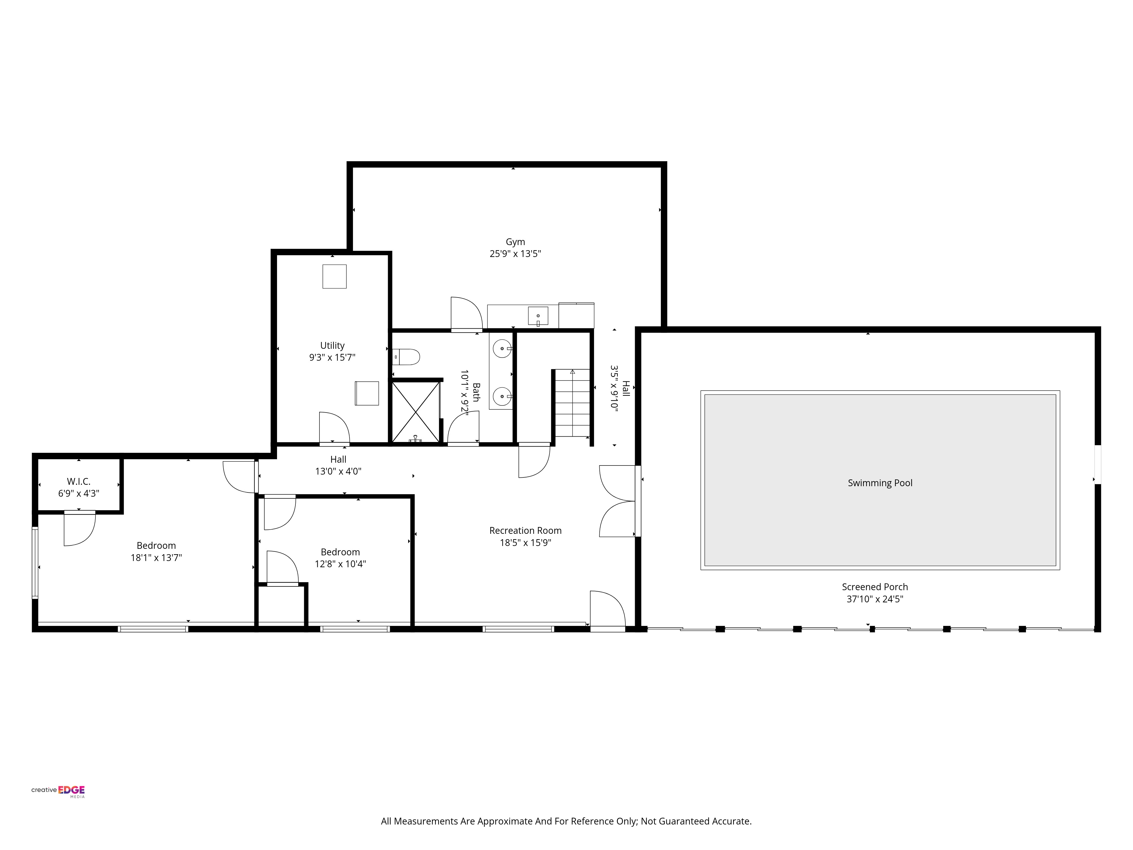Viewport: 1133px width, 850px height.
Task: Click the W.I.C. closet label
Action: (78, 482)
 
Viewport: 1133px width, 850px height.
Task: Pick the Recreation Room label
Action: (525, 531)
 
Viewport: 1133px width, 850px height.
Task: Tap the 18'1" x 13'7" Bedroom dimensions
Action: (156, 557)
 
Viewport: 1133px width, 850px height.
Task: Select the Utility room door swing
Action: (334, 428)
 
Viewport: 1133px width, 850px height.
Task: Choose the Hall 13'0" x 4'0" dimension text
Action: (338, 471)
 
